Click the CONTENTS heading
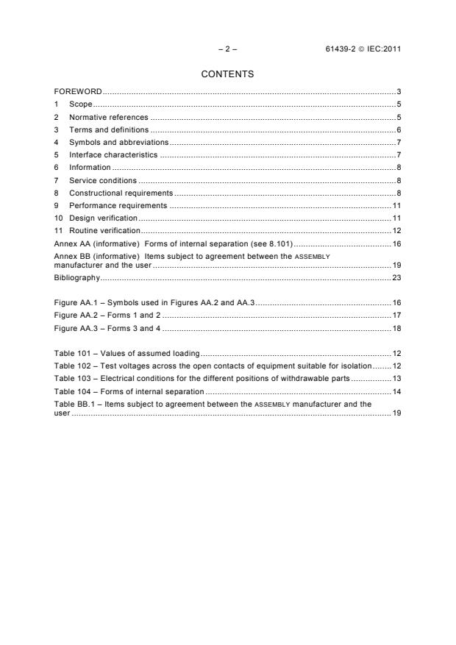coord(227,74)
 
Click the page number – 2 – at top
coord(227,49)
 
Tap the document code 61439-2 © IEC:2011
coord(363,49)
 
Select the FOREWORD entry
coord(78,92)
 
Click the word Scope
coord(80,104)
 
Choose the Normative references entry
coord(108,117)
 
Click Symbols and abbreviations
coord(118,142)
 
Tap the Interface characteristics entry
coord(113,155)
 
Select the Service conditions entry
coord(103,180)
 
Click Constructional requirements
coord(121,193)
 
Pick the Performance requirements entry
coord(118,205)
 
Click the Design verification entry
coord(103,218)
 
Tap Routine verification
coord(104,231)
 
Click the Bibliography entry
coord(77,279)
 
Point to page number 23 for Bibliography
coord(396,279)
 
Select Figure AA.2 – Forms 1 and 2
coord(107,315)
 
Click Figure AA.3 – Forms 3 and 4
coord(107,327)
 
